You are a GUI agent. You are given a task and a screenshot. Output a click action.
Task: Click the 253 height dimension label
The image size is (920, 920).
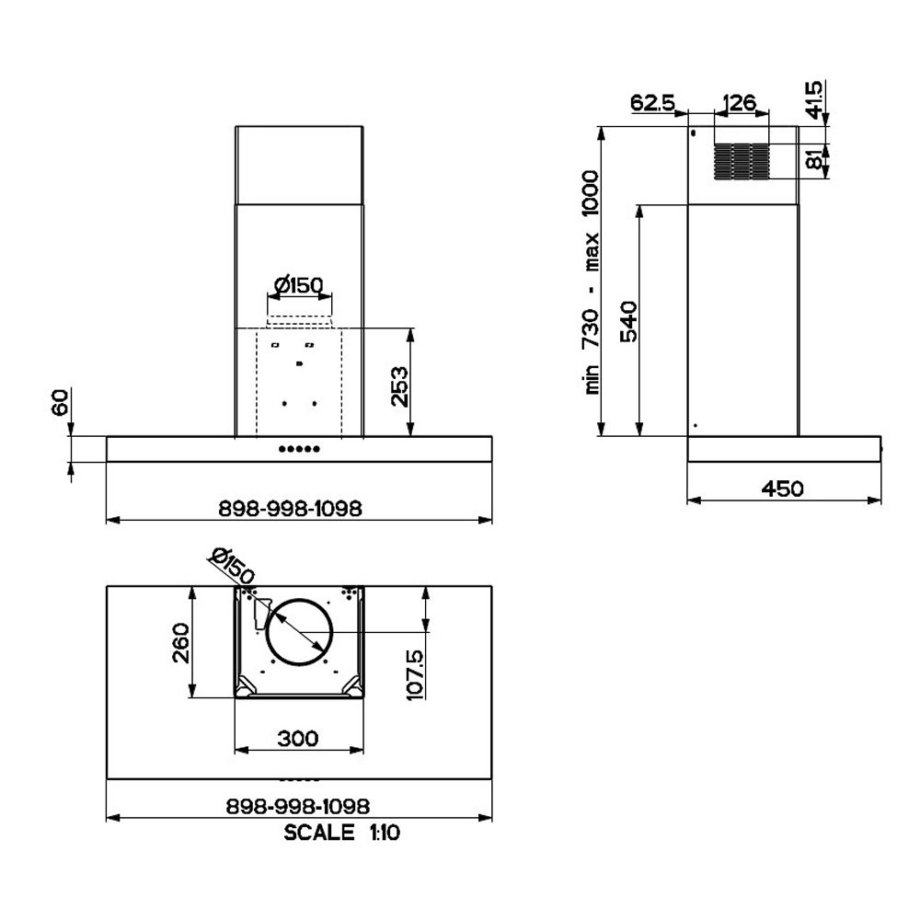(x=399, y=386)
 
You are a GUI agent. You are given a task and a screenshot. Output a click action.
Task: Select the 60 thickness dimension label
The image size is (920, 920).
(x=61, y=402)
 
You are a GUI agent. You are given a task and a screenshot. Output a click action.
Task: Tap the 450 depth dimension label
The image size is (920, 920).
(x=783, y=489)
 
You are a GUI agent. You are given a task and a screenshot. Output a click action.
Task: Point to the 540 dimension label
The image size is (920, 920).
(x=628, y=321)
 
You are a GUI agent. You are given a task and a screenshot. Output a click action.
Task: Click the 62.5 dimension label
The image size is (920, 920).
(x=653, y=103)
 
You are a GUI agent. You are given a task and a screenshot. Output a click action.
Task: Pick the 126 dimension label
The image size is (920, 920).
(x=740, y=103)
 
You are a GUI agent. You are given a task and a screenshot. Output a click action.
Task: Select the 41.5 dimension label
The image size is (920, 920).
(x=814, y=99)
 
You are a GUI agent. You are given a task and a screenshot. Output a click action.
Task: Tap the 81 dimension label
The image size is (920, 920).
(x=814, y=159)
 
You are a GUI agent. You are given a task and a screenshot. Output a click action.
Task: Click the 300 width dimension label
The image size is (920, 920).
(x=298, y=738)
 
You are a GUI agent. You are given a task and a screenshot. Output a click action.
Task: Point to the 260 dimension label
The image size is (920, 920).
(x=180, y=643)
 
